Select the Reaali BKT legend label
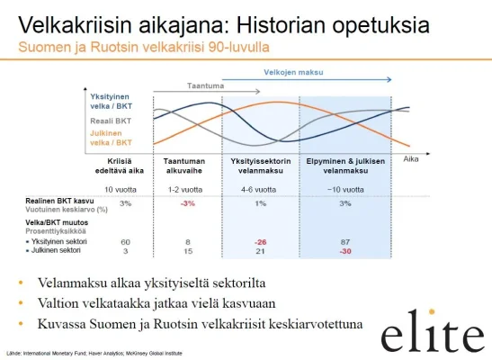click(112, 119)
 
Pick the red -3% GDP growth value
click(187, 203)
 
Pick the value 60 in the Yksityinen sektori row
click(126, 242)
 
